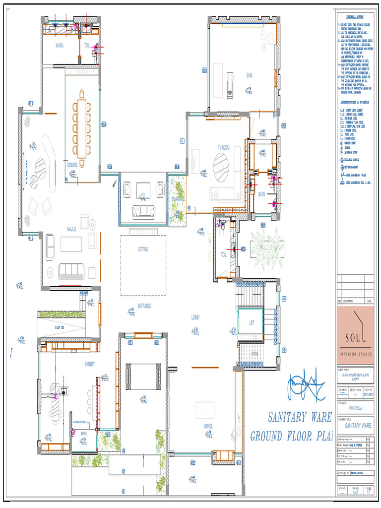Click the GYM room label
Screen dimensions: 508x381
pos(250,75)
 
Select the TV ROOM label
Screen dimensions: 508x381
pos(224,147)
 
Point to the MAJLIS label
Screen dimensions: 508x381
pos(72,229)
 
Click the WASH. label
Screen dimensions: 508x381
pos(60,45)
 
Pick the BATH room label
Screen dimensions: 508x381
pos(262,194)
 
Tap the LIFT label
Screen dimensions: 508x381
pos(252,323)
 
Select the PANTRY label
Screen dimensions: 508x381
pos(89,364)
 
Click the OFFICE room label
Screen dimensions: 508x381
pos(208,426)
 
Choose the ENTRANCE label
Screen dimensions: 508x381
pos(144,306)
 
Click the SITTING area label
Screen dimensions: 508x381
pos(143,250)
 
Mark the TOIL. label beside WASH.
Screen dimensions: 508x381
pos(87,45)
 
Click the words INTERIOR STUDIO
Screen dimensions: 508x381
pos(355,354)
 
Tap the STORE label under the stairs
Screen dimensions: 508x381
pos(254,354)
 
